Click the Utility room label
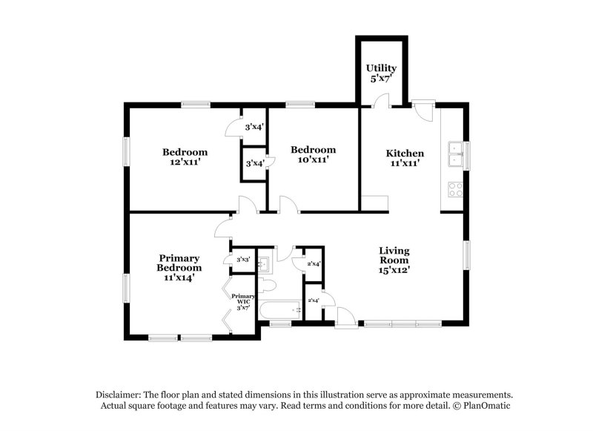381,73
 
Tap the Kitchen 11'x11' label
405,158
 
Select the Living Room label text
394,255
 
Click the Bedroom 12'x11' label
185,157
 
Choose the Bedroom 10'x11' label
313,154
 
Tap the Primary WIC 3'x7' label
243,302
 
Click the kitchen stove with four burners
455,189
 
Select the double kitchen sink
455,154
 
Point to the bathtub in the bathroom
280,311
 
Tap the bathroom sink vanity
265,263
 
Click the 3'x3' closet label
243,260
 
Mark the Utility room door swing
380,101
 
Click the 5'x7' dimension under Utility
381,79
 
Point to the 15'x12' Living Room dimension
394,270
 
